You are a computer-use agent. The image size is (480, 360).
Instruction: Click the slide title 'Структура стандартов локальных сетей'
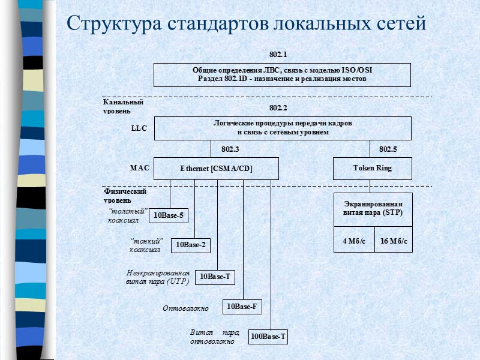[x=246, y=23]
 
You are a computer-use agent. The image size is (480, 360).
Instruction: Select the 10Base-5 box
[x=168, y=215]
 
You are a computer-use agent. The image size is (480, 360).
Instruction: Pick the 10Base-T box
[x=215, y=277]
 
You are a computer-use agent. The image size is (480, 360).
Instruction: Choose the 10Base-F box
[x=242, y=307]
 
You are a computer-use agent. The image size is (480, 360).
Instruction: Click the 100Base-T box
[x=268, y=337]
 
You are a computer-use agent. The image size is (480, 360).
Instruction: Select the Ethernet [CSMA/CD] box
[x=216, y=169]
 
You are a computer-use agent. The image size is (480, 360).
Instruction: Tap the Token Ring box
[x=373, y=169]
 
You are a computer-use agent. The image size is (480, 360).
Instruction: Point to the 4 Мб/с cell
[x=354, y=241]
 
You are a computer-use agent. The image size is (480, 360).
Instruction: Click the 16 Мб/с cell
[x=394, y=241]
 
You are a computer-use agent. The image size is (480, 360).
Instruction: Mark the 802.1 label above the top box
[x=278, y=55]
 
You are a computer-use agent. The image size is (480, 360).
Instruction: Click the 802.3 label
[x=230, y=149]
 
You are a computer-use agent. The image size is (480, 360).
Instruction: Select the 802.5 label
[x=388, y=149]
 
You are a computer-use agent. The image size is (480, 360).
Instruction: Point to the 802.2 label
[x=278, y=108]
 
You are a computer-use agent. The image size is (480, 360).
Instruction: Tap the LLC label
[x=139, y=128]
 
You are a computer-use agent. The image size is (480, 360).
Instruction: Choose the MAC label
[x=139, y=168]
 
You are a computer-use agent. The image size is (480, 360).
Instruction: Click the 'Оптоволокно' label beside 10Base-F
[x=185, y=308]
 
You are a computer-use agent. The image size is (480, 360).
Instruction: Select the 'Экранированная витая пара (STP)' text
[x=373, y=209]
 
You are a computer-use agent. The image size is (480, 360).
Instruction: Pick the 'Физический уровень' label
[x=125, y=195]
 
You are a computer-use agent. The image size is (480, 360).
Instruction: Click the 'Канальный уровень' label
[x=123, y=106]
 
